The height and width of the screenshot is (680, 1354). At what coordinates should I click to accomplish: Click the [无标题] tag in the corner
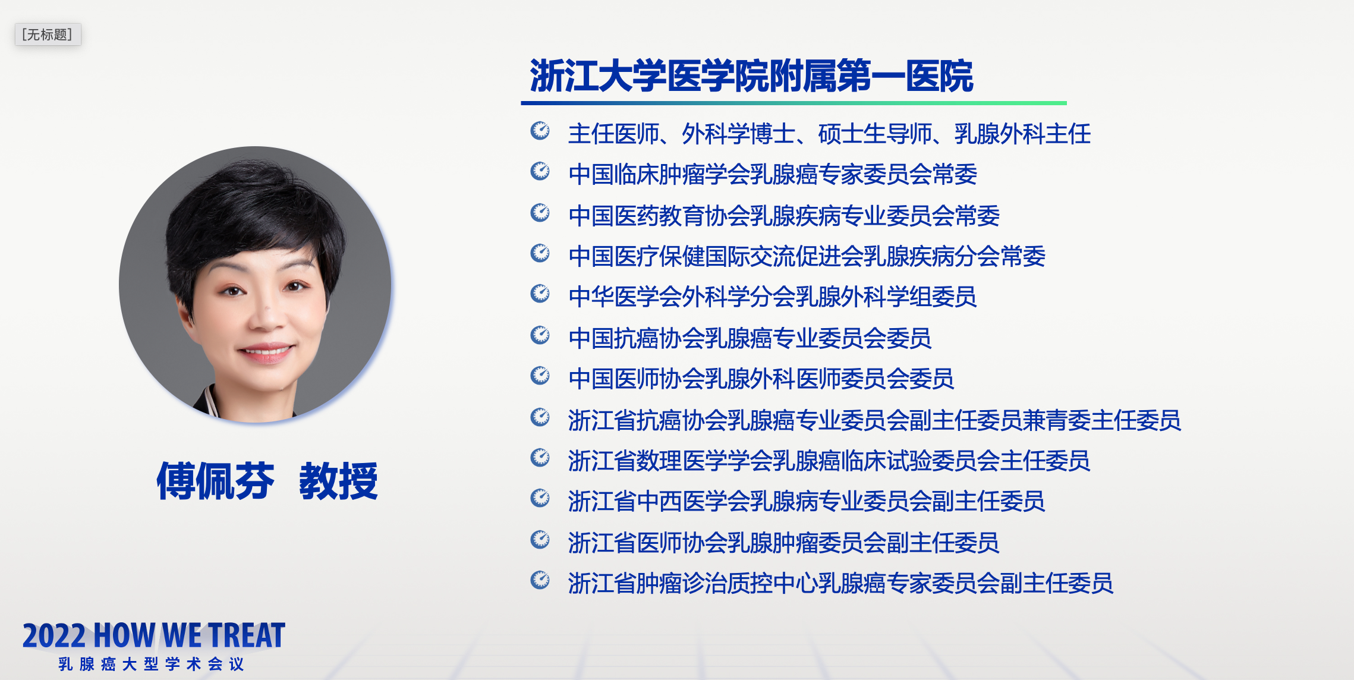click(x=48, y=34)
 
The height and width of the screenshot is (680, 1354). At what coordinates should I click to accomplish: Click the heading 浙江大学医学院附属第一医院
click(x=751, y=76)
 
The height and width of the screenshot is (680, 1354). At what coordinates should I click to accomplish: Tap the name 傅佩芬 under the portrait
click(x=215, y=481)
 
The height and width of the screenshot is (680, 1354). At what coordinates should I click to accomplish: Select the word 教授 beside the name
click(x=338, y=481)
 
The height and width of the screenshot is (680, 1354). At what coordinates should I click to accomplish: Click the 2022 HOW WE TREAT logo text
click(x=154, y=635)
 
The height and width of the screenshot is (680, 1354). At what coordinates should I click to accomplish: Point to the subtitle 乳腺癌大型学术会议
click(x=152, y=664)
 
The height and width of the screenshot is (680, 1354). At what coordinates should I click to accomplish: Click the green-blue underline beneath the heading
click(x=793, y=103)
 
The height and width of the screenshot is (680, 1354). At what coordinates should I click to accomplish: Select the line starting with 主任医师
click(x=829, y=134)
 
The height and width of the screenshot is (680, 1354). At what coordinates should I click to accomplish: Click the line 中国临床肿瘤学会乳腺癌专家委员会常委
click(x=773, y=174)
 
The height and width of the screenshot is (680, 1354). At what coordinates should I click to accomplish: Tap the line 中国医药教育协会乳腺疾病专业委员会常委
click(x=784, y=216)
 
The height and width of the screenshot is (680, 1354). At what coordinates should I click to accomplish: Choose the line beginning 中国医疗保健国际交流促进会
click(x=807, y=256)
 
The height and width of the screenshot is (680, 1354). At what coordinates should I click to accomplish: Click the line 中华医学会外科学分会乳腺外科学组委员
click(x=773, y=297)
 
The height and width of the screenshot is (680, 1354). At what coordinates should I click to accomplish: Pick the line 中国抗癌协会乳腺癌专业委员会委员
click(x=750, y=338)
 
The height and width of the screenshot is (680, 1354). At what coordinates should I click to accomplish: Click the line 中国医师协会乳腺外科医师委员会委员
click(x=761, y=379)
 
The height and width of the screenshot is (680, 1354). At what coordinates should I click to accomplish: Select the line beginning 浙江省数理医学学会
click(x=829, y=461)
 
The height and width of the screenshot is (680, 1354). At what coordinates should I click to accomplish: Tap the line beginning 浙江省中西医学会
click(x=807, y=501)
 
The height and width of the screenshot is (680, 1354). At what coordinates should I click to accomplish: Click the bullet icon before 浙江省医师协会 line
click(x=540, y=540)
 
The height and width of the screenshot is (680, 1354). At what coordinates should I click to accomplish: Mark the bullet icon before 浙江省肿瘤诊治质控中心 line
click(x=540, y=580)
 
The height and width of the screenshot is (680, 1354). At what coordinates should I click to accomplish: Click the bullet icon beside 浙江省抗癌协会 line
click(x=540, y=417)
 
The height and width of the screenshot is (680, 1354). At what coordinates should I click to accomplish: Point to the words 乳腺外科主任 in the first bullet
click(x=1022, y=134)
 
